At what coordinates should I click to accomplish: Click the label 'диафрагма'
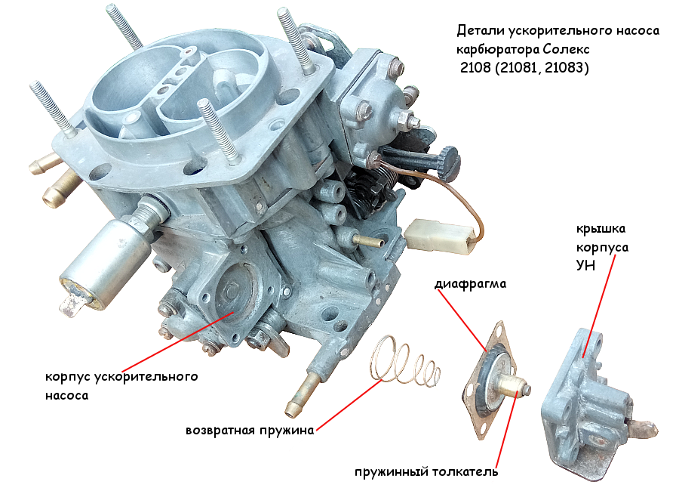tap(470, 284)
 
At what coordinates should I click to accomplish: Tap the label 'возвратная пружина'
tap(250, 431)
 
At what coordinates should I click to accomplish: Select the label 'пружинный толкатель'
tap(426, 471)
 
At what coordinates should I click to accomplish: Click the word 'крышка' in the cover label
tap(601, 229)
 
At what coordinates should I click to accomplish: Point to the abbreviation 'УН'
tap(585, 265)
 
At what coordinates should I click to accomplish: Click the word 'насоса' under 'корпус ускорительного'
tap(66, 396)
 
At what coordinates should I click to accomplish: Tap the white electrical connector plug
tap(440, 236)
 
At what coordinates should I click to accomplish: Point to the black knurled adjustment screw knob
tap(447, 162)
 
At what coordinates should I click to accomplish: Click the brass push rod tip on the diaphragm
tap(515, 386)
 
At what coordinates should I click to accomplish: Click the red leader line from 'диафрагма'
tap(462, 320)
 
